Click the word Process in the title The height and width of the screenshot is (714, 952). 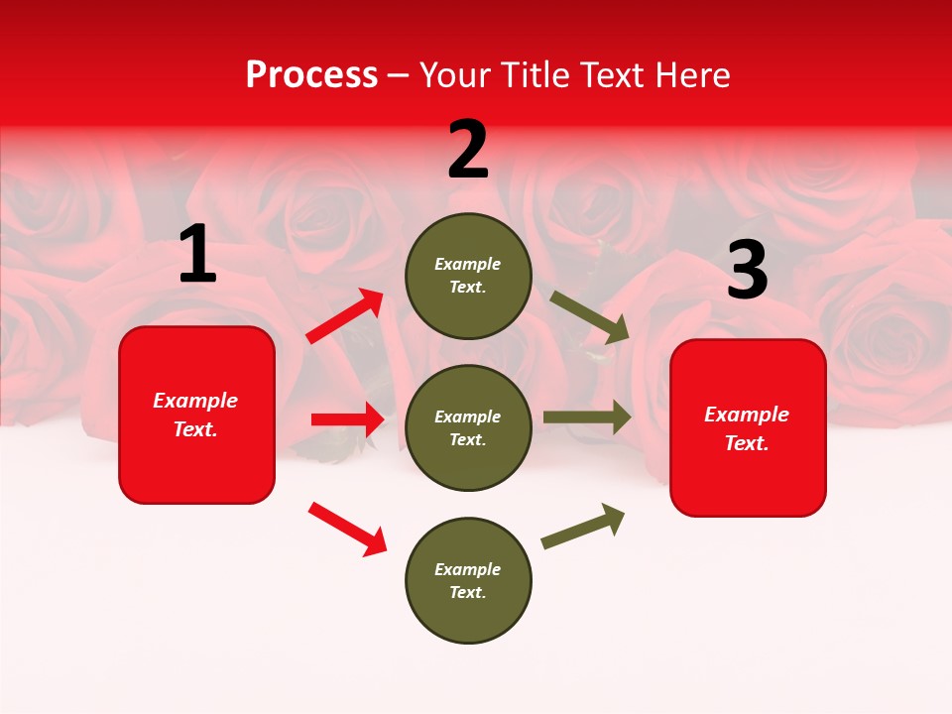[x=311, y=75]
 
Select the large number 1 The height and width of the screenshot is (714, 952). [x=196, y=256]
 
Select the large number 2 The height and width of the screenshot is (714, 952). [x=468, y=150]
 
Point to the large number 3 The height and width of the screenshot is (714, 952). [x=747, y=271]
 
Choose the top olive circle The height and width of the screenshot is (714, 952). [x=468, y=276]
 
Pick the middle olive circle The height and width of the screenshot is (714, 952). [x=468, y=427]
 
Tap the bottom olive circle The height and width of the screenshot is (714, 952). [x=468, y=580]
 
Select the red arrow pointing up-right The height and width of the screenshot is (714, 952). [x=346, y=316]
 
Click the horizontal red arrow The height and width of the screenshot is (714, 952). [x=347, y=419]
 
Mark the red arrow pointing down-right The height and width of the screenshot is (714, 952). [x=347, y=529]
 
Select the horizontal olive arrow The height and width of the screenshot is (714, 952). [x=586, y=417]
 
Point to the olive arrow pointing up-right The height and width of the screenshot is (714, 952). [x=583, y=526]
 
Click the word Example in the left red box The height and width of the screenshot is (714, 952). [x=195, y=401]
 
